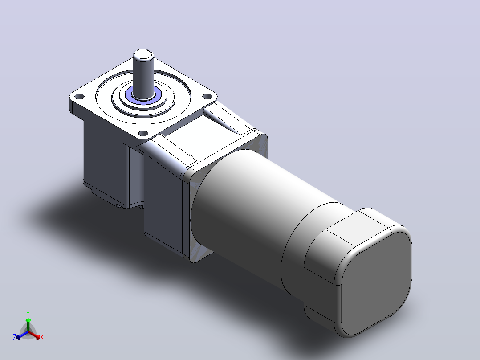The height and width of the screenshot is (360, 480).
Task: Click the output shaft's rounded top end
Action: (143, 54)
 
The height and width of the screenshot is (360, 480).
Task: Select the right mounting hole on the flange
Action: (207, 97)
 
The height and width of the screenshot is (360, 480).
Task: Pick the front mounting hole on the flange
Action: (143, 134)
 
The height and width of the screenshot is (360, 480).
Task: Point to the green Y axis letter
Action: (28, 313)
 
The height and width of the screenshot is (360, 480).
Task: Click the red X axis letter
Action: (42, 337)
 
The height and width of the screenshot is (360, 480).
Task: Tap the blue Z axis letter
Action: (14, 337)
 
